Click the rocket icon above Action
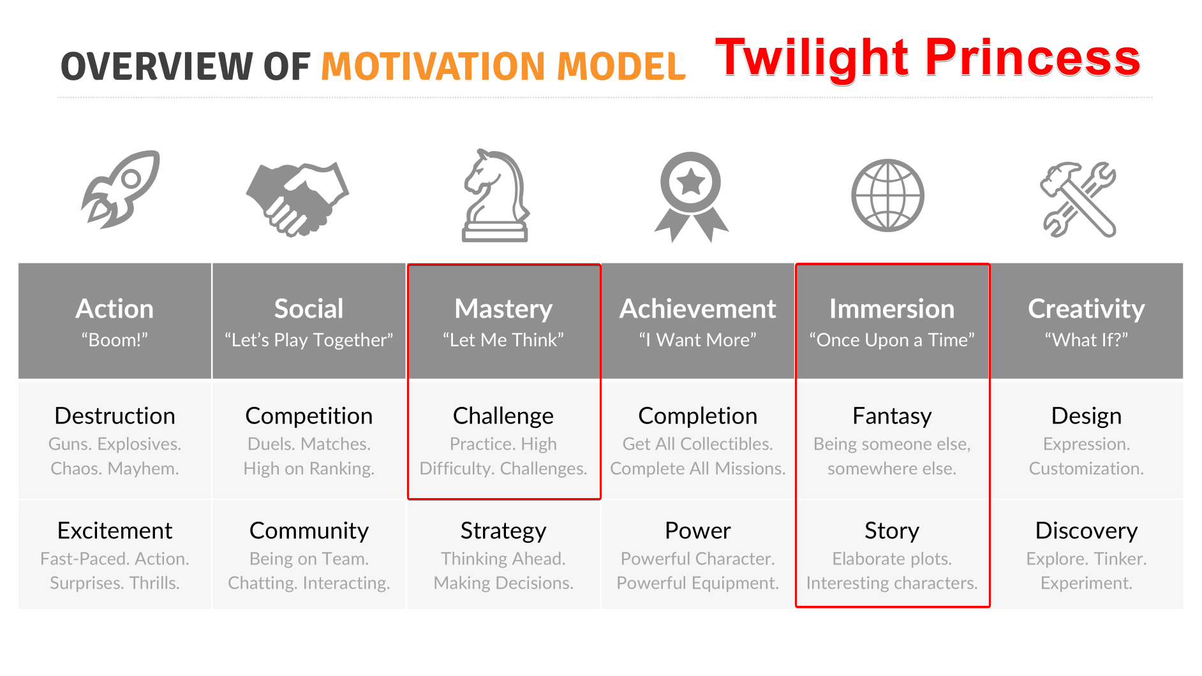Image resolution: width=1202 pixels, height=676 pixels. (x=121, y=189)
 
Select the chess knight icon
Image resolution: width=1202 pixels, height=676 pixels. (x=496, y=195)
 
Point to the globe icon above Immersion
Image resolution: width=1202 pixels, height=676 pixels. (x=887, y=195)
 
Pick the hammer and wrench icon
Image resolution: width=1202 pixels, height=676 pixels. (x=1078, y=200)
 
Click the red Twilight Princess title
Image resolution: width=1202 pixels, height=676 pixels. (x=928, y=59)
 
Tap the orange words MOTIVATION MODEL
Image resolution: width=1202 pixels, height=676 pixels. (x=503, y=66)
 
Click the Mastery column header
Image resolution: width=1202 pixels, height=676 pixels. (x=503, y=309)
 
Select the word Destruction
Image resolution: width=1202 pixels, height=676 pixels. (x=115, y=416)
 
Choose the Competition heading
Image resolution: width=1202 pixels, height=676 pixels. (x=309, y=416)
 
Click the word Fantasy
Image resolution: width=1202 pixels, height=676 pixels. (x=892, y=416)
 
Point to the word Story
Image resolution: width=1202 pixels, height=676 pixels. (x=892, y=531)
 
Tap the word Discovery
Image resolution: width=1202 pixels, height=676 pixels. (x=1087, y=531)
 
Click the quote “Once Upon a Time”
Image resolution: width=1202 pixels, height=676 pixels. (x=892, y=340)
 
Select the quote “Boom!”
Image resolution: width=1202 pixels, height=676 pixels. (x=115, y=340)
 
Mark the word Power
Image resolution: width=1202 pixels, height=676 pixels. (x=698, y=531)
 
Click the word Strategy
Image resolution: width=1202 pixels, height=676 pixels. (x=503, y=531)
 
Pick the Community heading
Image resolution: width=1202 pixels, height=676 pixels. (x=309, y=531)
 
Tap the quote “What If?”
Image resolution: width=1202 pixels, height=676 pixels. (x=1087, y=340)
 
